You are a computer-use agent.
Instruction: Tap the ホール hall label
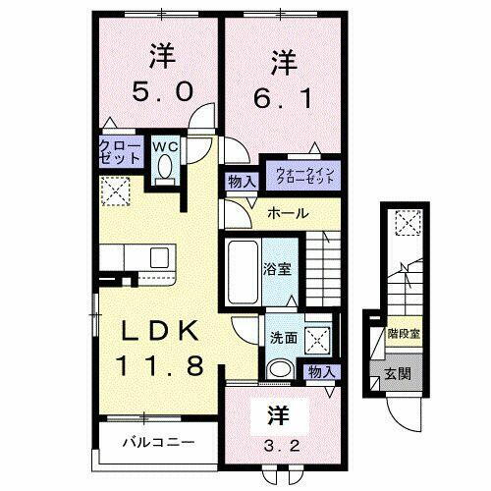[x=289, y=213]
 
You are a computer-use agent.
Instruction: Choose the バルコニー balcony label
[x=157, y=441]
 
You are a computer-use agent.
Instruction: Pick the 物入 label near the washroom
[x=320, y=370]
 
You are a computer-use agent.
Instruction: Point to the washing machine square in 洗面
[x=317, y=338]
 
